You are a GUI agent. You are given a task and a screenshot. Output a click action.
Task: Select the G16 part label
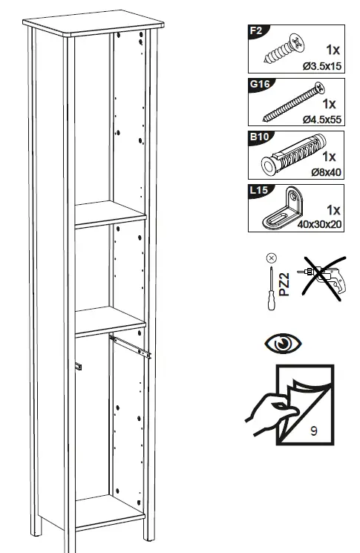[x=259, y=84]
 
